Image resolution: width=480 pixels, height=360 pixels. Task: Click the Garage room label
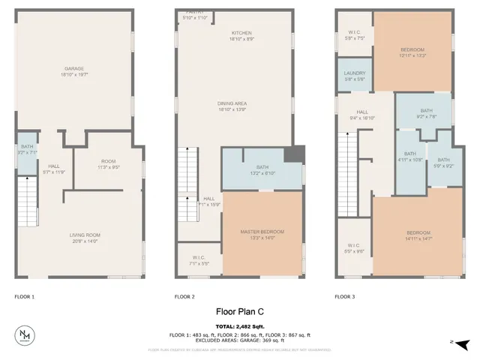73,71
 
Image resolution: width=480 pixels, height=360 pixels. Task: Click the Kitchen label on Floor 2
241,36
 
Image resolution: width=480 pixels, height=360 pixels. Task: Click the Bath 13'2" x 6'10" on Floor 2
262,169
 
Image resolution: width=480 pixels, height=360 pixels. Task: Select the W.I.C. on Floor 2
199,260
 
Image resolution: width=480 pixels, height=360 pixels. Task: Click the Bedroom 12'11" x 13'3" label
412,52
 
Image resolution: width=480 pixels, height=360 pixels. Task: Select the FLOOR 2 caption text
184,297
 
